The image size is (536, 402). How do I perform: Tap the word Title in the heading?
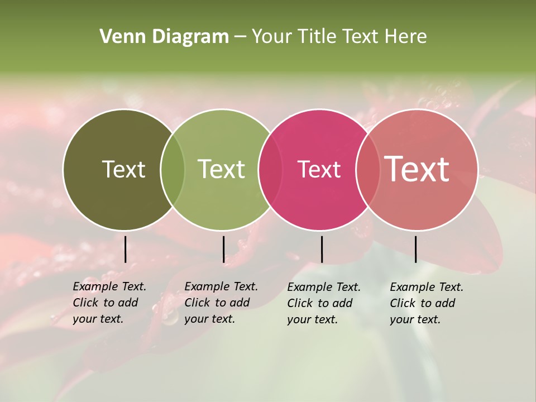click(317, 37)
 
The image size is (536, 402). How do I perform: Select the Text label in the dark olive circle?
click(123, 169)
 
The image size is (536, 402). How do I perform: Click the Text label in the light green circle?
click(221, 169)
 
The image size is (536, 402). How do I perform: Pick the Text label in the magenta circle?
click(319, 169)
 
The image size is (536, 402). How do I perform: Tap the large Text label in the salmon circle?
click(417, 169)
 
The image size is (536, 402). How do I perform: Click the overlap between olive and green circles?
click(173, 169)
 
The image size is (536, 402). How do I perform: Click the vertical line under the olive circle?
click(125, 249)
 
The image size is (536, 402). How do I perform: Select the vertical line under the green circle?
click(223, 249)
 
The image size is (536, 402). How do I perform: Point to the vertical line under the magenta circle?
click(322, 249)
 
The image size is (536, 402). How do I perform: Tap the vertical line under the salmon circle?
click(415, 249)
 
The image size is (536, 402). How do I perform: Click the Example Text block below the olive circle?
click(109, 303)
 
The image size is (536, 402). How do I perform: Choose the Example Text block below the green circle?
click(221, 303)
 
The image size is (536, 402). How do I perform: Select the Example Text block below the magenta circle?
click(323, 303)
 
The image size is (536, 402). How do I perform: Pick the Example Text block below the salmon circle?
click(426, 303)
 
